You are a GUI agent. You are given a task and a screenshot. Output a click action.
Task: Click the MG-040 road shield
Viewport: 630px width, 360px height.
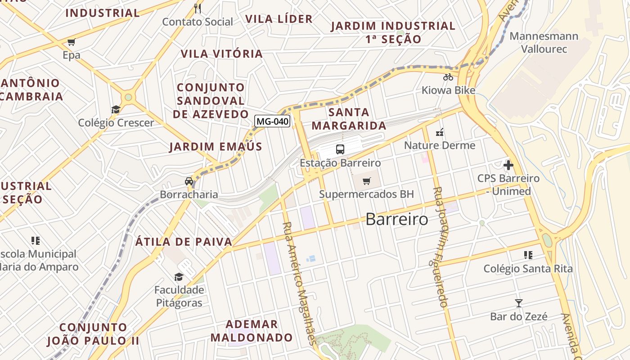[x=272, y=121]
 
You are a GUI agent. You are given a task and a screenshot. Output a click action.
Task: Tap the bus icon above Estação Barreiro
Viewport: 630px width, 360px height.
[x=340, y=149]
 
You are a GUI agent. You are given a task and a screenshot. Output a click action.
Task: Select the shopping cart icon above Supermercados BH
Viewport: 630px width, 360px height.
[x=367, y=181]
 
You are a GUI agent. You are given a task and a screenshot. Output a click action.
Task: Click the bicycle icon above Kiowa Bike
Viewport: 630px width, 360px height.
[x=448, y=77]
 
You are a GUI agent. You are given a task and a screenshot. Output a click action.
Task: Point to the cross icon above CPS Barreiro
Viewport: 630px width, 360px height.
[x=508, y=165]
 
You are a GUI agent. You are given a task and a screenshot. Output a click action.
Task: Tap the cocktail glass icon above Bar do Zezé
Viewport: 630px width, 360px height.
[x=519, y=303]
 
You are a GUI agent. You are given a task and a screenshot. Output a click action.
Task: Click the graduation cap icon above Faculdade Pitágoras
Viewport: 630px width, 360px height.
[x=179, y=277]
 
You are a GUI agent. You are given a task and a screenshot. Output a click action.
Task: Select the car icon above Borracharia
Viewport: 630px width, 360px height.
[x=189, y=181]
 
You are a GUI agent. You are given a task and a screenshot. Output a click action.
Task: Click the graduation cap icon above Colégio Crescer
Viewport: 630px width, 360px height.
[x=116, y=109]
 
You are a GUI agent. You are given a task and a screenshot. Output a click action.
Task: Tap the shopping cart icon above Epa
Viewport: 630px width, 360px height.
[x=71, y=42]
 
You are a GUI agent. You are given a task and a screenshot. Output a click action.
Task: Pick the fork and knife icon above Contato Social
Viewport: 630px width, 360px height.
[x=197, y=8]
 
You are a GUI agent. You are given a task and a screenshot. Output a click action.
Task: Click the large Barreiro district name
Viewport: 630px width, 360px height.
[x=397, y=219]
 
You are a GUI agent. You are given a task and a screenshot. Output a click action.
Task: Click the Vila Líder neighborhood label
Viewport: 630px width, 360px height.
[x=279, y=19]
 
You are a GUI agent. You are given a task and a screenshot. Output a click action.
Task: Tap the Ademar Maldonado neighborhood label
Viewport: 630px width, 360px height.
[x=252, y=331]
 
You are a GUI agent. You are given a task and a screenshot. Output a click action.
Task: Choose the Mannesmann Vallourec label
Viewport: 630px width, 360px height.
[x=544, y=42]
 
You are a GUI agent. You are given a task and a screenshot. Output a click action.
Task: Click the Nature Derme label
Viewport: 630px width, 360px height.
[x=440, y=145]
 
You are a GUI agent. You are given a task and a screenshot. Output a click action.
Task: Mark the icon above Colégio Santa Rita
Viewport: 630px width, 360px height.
[x=528, y=255]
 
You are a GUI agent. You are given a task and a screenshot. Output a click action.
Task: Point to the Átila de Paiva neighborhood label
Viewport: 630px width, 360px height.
[x=184, y=242]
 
